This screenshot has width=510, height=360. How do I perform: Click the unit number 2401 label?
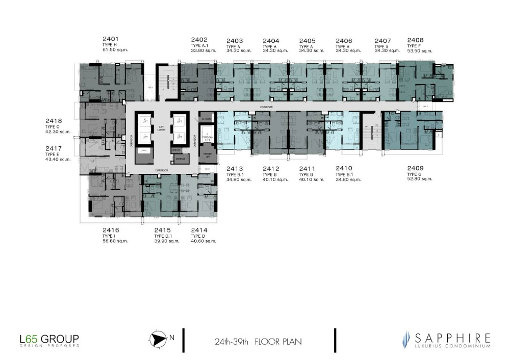click(111, 39)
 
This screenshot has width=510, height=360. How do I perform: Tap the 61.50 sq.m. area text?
click(115, 50)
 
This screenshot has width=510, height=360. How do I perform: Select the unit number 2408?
click(415, 40)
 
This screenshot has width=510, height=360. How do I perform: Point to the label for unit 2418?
click(54, 121)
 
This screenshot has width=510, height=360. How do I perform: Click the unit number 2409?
click(415, 168)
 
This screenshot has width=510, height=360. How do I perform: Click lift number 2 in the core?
click(144, 120)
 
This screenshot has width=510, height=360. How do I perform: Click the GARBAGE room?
click(178, 159)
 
